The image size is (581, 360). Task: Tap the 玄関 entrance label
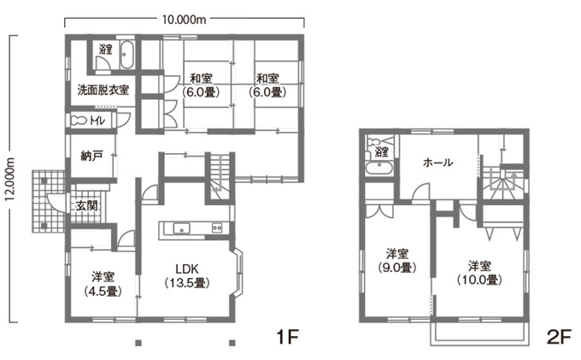(x=85, y=206)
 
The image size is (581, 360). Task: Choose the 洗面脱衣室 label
(x=103, y=89)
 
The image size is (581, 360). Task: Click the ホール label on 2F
(x=438, y=162)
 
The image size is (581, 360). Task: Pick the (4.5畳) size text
(x=103, y=291)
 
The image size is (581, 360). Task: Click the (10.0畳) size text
(x=478, y=279)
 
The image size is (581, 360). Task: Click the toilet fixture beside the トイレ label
(x=79, y=120)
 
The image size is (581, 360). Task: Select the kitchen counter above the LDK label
(x=195, y=227)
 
